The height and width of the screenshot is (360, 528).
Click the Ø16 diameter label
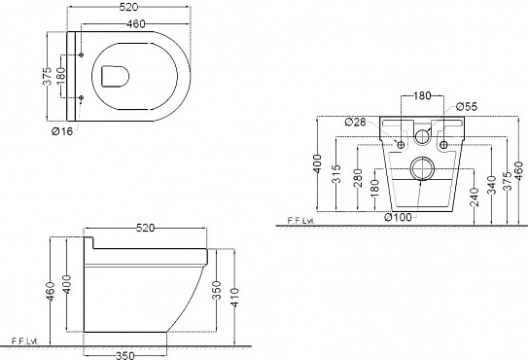pyautogui.click(x=62, y=131)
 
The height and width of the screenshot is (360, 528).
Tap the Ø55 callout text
pyautogui.click(x=467, y=106)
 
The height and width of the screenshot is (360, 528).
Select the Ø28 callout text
pyautogui.click(x=356, y=122)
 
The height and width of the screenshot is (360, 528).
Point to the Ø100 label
pyautogui.click(x=398, y=217)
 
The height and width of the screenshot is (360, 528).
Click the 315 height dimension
pyautogui.click(x=336, y=174)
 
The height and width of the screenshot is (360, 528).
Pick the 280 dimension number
pyautogui.click(x=358, y=178)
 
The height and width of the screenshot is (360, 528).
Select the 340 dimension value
pyautogui.click(x=492, y=185)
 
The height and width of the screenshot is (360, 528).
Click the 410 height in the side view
pyautogui.click(x=234, y=297)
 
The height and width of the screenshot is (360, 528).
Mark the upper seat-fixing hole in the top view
pyautogui.click(x=81, y=54)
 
